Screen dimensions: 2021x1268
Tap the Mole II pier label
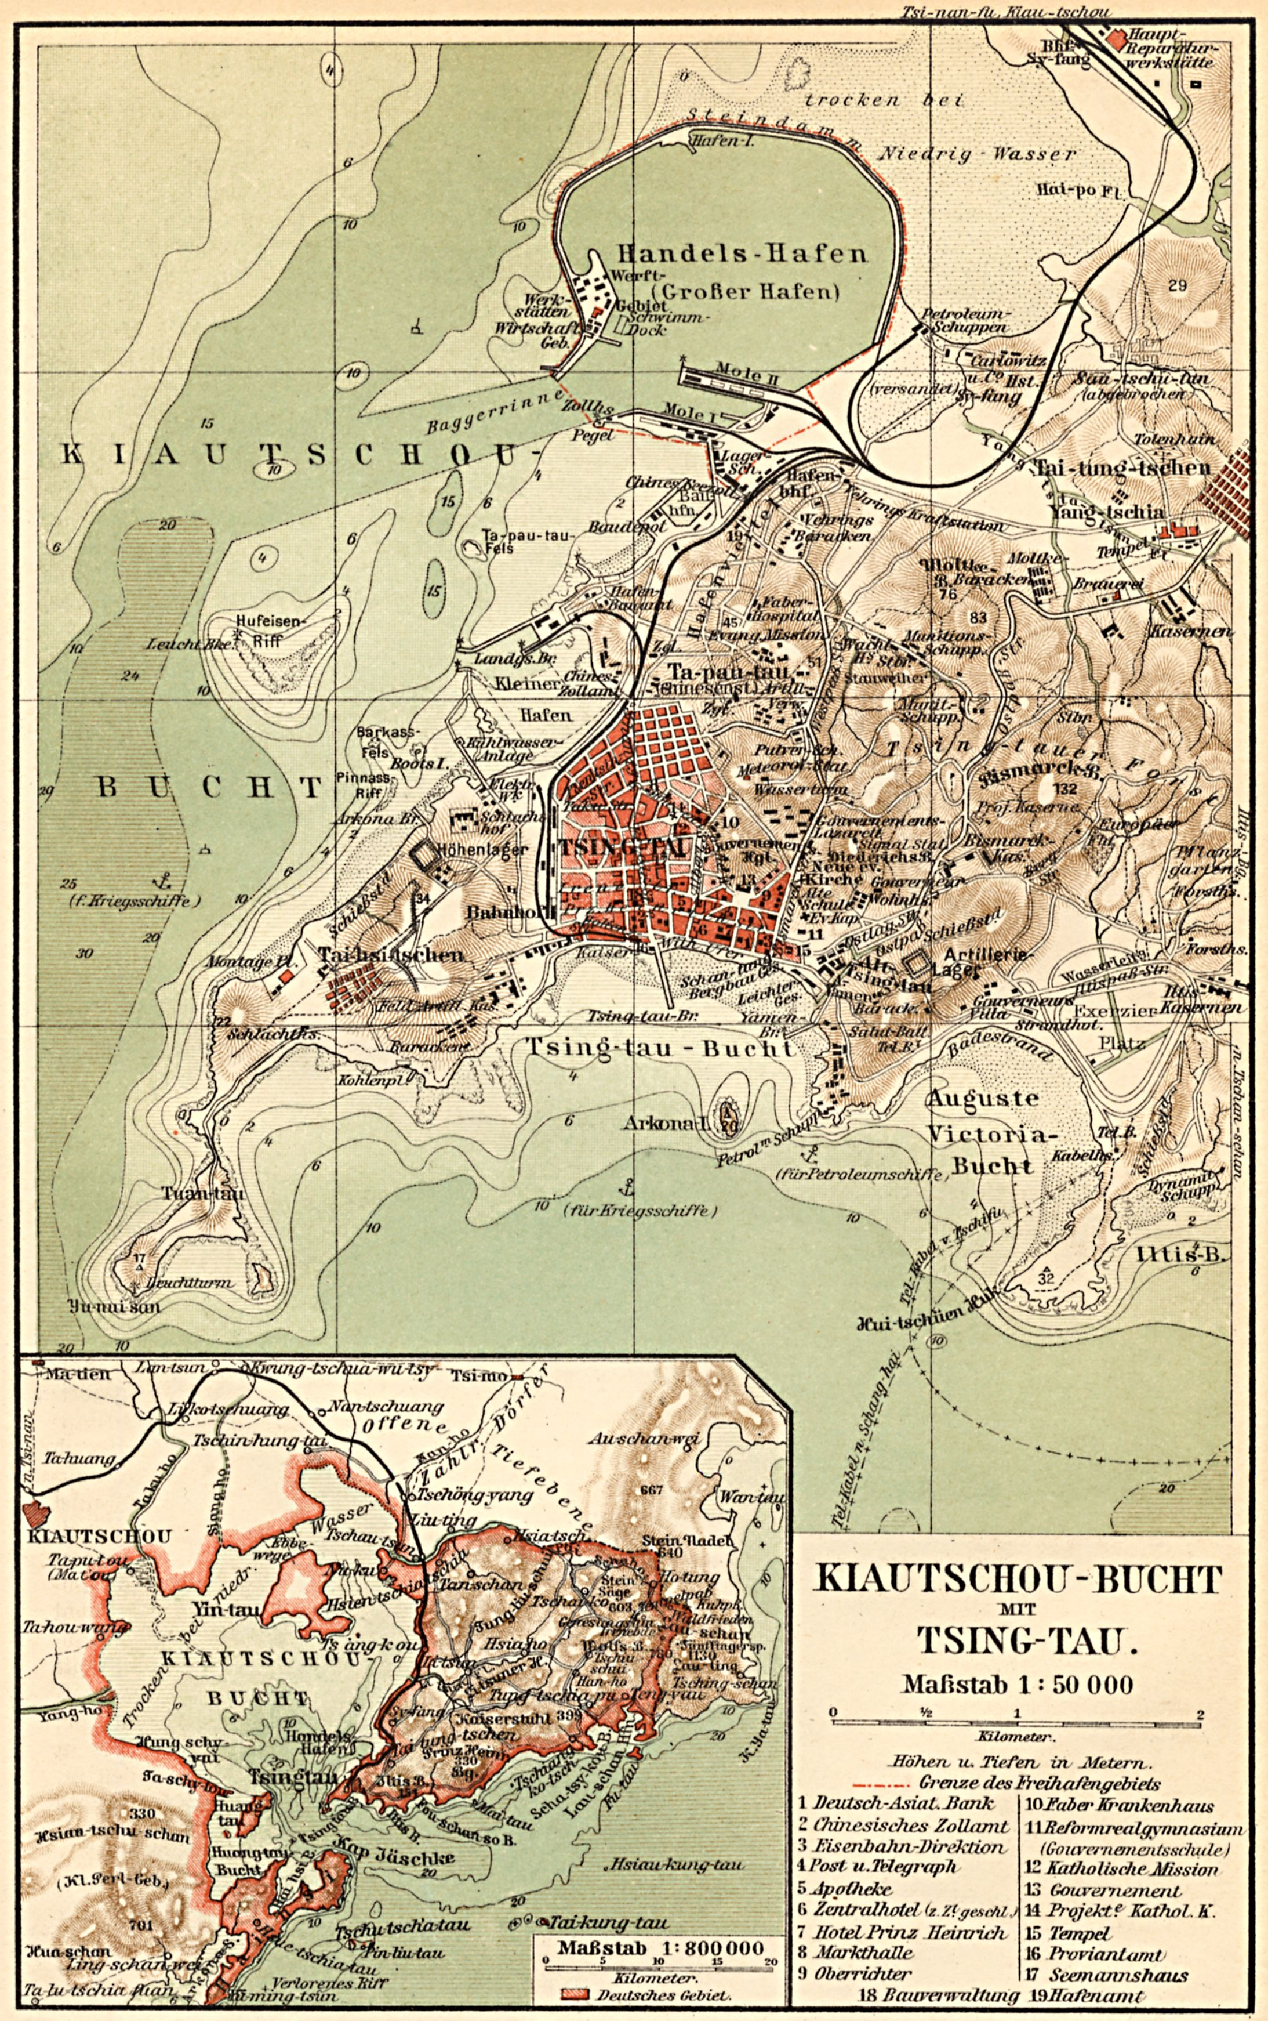749,378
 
